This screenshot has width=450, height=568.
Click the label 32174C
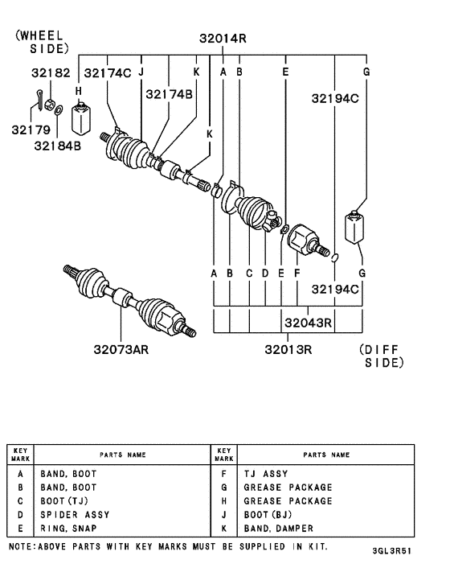pyautogui.click(x=107, y=73)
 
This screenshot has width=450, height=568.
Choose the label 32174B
pyautogui.click(x=169, y=94)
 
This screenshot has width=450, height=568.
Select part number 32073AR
pyautogui.click(x=120, y=349)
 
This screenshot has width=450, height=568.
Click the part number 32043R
pyautogui.click(x=308, y=323)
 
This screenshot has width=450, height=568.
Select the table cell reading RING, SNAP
pyautogui.click(x=68, y=528)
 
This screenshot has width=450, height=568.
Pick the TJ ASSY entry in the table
pyautogui.click(x=265, y=474)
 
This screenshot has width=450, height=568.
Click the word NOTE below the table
pyautogui.click(x=22, y=546)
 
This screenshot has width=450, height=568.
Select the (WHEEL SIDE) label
pyautogui.click(x=39, y=43)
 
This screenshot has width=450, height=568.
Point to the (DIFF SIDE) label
pyautogui.click(x=378, y=356)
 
